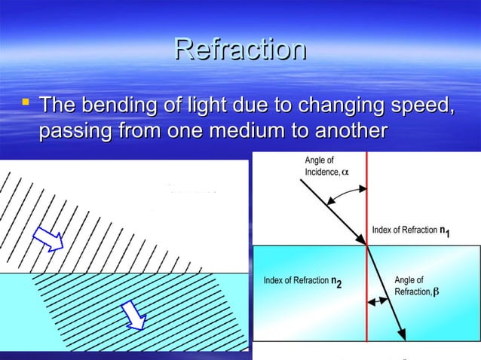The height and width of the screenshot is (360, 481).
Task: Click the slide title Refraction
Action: [x=240, y=50]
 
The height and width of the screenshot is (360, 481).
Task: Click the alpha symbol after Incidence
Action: [x=345, y=172]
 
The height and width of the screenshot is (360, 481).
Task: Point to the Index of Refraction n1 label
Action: [x=412, y=230]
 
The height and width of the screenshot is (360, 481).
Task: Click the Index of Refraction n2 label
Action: [x=302, y=282]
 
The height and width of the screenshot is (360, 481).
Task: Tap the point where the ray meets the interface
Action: [x=366, y=245]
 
